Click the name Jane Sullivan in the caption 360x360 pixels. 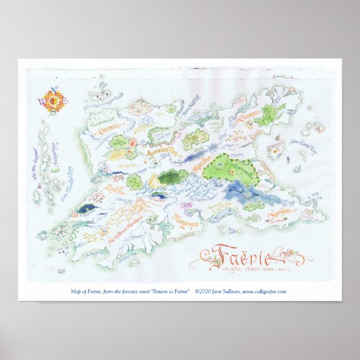coord(232,291)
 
